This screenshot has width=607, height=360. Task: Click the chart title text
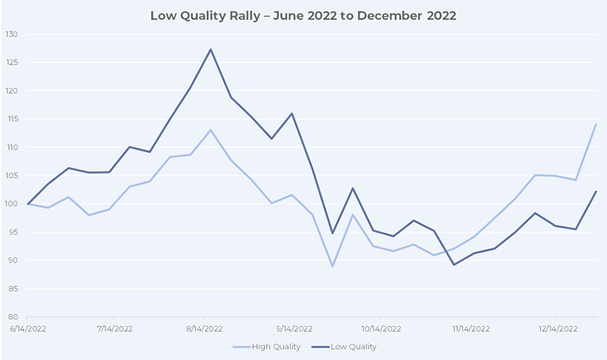tap(303, 16)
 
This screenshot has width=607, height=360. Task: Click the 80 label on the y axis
tap(13, 317)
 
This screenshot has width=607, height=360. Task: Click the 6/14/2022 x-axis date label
tap(26, 329)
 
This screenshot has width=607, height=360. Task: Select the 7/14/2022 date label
tap(115, 329)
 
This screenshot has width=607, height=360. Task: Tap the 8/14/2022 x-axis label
tap(204, 329)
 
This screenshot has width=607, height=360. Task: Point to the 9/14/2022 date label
tap(292, 329)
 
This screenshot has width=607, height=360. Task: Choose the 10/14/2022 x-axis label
tap(380, 329)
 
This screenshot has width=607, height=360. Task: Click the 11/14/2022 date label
tap(469, 329)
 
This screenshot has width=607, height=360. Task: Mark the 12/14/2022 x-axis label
tap(557, 329)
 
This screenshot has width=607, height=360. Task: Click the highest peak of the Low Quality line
tap(210, 49)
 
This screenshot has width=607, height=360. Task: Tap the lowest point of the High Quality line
tap(332, 266)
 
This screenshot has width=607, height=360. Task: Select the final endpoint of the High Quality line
tap(596, 124)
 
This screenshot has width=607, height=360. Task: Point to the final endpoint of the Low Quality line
tap(596, 191)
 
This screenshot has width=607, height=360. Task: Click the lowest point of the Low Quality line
tap(454, 264)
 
